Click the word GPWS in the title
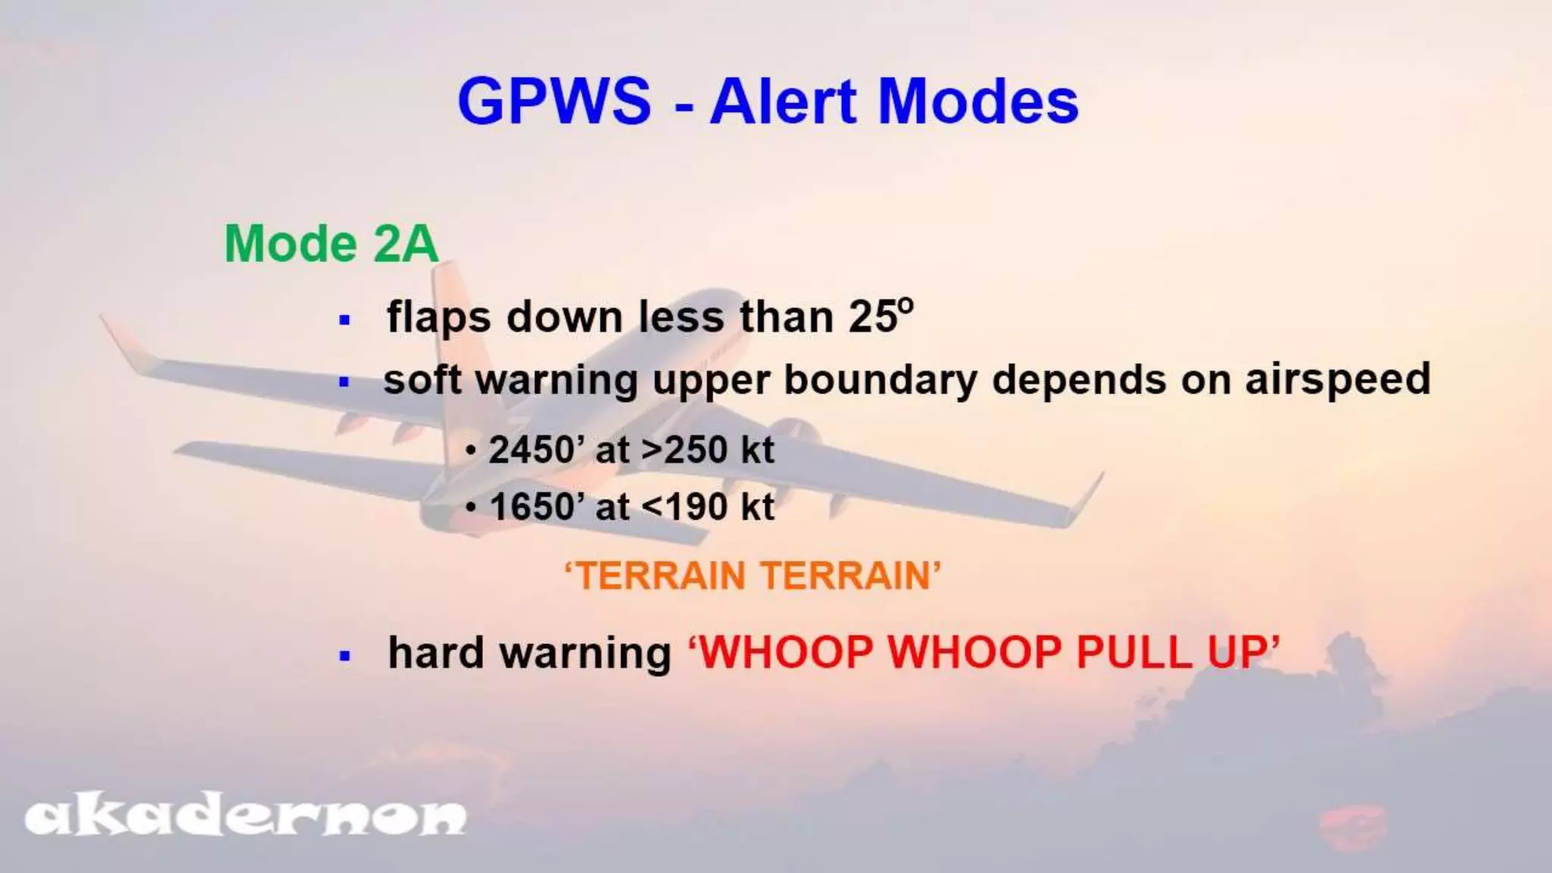coord(554,102)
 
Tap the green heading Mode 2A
coord(331,244)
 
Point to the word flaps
coord(439,317)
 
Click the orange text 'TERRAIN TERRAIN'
coord(753,575)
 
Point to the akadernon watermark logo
coord(246,817)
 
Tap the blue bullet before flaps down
coord(346,320)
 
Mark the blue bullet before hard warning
coord(346,656)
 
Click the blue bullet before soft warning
coord(346,382)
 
